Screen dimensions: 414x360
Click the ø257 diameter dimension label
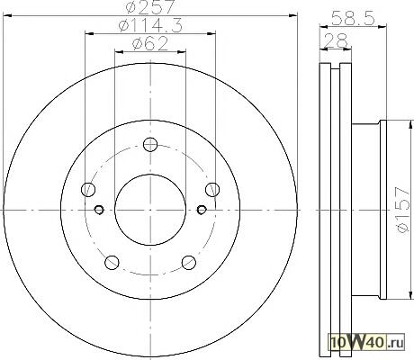pos(150,6)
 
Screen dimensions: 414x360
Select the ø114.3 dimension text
pos(150,25)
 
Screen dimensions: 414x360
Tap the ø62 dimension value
pos(150,44)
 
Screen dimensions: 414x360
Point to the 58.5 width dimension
pos(354,19)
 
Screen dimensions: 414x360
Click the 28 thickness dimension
pos(336,40)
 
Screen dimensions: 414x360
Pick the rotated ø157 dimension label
pos(402,210)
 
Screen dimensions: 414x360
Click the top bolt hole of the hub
pos(150,145)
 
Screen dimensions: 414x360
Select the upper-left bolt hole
pos(88,190)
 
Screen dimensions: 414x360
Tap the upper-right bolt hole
pos(212,190)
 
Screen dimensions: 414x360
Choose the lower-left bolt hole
pos(112,263)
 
